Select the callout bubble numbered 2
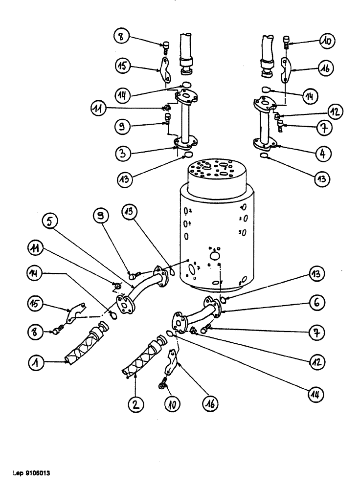[135, 404]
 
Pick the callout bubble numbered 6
[316, 303]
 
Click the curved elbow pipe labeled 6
[196, 313]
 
